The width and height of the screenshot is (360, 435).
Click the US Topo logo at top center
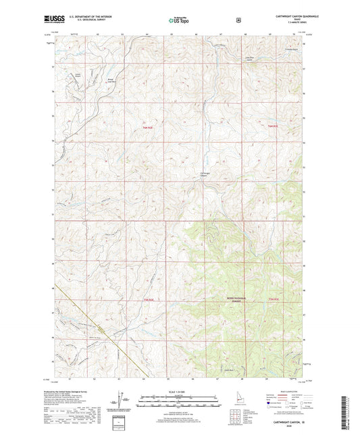click(179, 21)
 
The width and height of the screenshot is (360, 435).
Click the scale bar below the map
click(180, 403)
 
